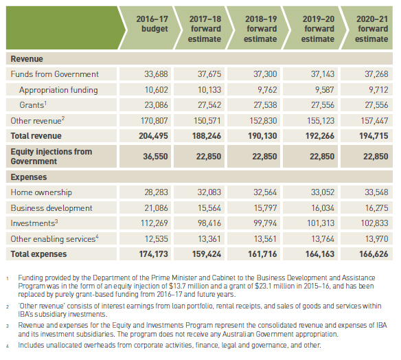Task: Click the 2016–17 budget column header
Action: pyautogui.click(x=152, y=24)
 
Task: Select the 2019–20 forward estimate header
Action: pyautogui.click(x=318, y=29)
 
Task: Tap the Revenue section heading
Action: pyautogui.click(x=27, y=59)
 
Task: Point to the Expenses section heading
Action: pyautogui.click(x=29, y=177)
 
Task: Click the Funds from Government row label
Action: pyautogui.click(x=54, y=74)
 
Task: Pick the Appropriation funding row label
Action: pyautogui.click(x=58, y=90)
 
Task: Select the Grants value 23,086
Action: pyautogui.click(x=157, y=105)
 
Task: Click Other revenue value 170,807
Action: pyautogui.click(x=154, y=120)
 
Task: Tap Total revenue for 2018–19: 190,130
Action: pyautogui.click(x=262, y=136)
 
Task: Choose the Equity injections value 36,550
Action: pyautogui.click(x=155, y=157)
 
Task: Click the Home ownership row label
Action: pyautogui.click(x=41, y=192)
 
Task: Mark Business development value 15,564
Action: pyautogui.click(x=209, y=207)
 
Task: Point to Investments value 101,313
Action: pyautogui.click(x=321, y=223)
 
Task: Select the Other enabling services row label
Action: pyautogui.click(x=54, y=238)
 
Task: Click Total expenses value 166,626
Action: pyautogui.click(x=374, y=254)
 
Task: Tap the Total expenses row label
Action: pyautogui.click(x=38, y=254)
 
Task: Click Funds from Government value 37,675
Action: pyautogui.click(x=209, y=74)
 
